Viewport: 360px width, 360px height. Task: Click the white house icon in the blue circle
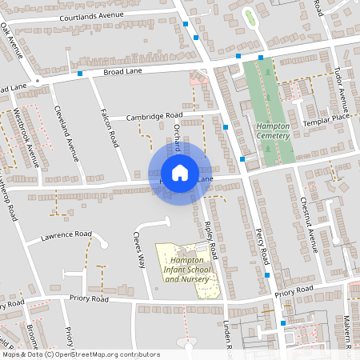click(180, 173)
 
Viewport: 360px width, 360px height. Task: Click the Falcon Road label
click(108, 128)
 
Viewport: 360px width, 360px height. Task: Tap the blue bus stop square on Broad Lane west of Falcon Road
click(80, 74)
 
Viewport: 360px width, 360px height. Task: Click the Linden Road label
click(226, 335)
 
